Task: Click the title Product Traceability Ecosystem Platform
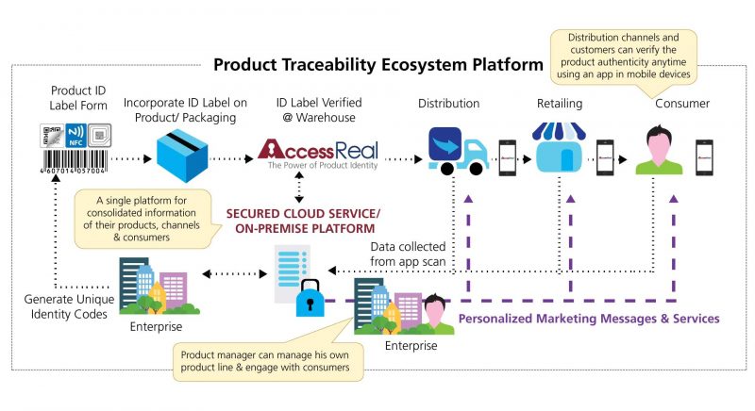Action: click(377, 65)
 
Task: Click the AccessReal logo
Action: click(322, 151)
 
